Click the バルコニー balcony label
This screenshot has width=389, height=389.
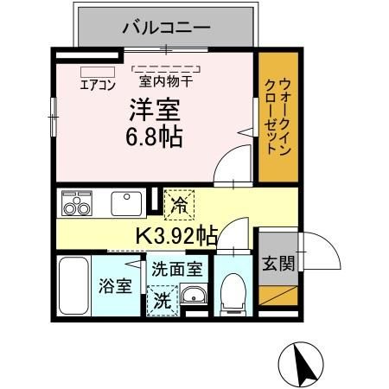tap(166, 27)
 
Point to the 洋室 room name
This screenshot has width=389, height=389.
tap(154, 111)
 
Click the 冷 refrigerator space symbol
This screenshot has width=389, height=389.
tap(179, 206)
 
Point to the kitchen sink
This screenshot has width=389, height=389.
tap(126, 204)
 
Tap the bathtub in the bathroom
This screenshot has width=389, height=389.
tap(74, 284)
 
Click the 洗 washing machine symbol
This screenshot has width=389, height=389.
tap(162, 301)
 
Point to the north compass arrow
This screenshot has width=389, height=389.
tap(303, 363)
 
